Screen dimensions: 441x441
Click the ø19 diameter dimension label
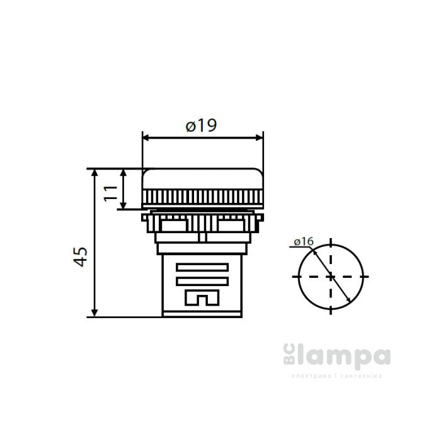pos(202,125)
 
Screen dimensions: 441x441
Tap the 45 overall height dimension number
pos(80,256)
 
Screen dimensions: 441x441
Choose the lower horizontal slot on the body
pos(202,281)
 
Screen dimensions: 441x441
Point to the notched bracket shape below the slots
pos(202,297)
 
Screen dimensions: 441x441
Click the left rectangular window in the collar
pos(174,224)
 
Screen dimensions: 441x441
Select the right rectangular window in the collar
pos(231,224)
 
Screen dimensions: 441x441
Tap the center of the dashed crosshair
pos(331,276)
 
